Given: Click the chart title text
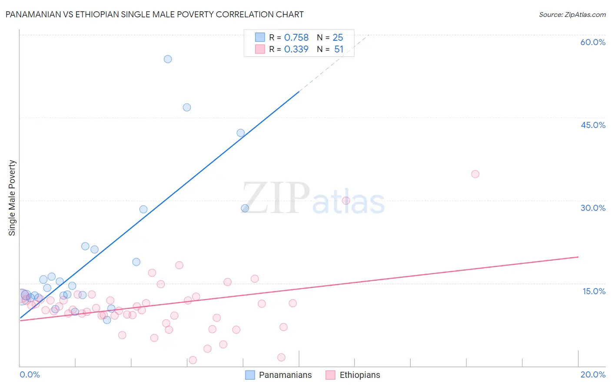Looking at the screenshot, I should pos(154,14).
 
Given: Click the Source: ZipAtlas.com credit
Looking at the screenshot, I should pos(572,14).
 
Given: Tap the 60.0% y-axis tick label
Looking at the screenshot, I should pos(593,42).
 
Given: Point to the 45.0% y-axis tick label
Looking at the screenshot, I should pos(593,125).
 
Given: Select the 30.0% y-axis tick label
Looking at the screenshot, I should pos(593,208).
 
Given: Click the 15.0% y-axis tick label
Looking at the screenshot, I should pos(594,291).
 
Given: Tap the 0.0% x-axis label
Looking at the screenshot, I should pos(30,374).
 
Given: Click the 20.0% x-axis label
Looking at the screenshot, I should pos(593,374).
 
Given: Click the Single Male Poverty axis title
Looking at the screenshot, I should pos(12,198).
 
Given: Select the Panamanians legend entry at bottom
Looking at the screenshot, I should pos(279,375).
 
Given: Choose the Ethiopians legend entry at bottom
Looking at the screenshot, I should pos(353,375).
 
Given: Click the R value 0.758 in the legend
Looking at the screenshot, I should pos(296,38).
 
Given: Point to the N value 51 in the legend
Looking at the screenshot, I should pos(339,49).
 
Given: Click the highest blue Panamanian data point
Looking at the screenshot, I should pos(168,59).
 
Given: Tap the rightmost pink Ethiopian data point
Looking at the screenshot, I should pos(475,174).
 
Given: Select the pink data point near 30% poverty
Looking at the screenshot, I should pos(346,200).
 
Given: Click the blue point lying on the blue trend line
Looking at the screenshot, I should pos(240,133).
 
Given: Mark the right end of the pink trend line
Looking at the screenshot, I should pos(578,257).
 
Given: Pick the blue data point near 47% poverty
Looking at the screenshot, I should pos(187,107).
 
